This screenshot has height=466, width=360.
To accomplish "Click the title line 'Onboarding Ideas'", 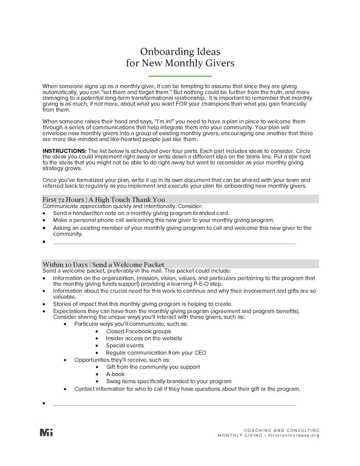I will [180, 51].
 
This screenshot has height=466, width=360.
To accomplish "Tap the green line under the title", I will [180, 76].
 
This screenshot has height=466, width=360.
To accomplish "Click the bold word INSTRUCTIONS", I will [64, 150].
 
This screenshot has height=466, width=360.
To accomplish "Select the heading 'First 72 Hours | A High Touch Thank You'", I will [104, 199].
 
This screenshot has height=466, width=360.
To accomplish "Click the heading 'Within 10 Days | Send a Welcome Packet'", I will [103, 264].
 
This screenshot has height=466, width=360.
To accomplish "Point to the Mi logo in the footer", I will [46, 432].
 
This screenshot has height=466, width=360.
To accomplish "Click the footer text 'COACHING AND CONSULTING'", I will [282, 430].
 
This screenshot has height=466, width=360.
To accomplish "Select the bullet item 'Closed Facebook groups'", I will [138, 331].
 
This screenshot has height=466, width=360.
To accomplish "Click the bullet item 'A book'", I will [115, 374].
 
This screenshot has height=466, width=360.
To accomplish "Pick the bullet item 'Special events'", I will [125, 345].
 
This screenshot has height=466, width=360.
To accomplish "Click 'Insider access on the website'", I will [144, 338].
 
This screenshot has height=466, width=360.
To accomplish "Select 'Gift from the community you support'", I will [153, 367].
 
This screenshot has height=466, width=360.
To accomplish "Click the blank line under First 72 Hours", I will [174, 243].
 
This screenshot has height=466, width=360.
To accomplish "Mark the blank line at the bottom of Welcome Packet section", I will [174, 405].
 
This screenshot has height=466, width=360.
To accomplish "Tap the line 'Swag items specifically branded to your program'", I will [168, 381].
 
